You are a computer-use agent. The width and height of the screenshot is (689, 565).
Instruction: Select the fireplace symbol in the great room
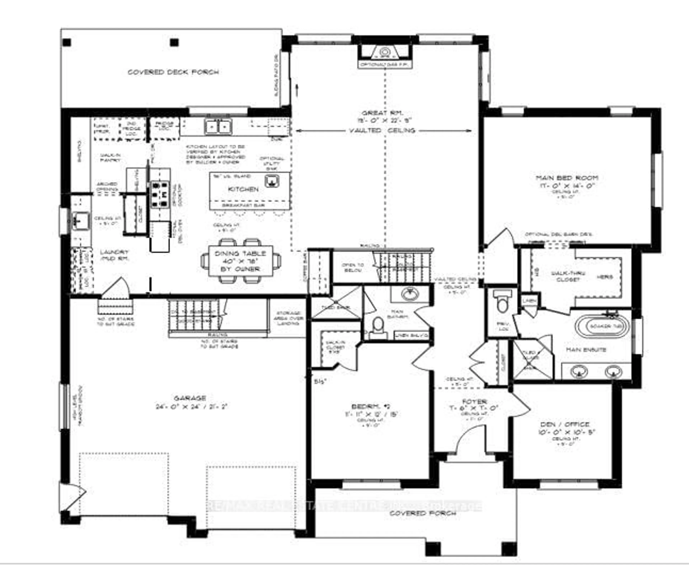tap(385, 52)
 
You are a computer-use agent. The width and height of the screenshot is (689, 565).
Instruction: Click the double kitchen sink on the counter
tap(218, 127)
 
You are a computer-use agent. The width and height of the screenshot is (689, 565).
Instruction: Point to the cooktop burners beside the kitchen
tap(160, 195)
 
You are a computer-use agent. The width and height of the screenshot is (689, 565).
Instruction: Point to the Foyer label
tap(474, 402)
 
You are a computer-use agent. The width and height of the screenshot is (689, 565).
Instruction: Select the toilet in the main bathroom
tap(378, 326)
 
